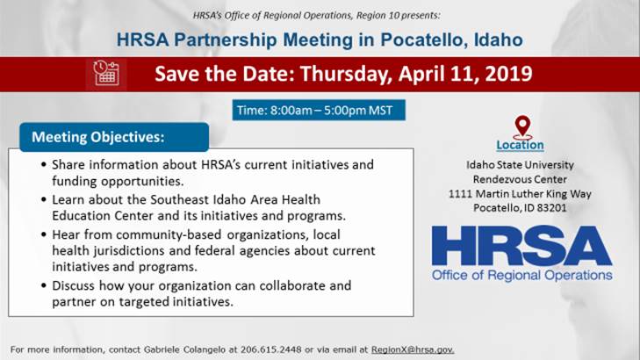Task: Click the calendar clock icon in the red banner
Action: pyautogui.click(x=107, y=73)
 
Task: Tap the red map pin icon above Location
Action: pyautogui.click(x=523, y=126)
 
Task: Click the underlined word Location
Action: pyautogui.click(x=520, y=145)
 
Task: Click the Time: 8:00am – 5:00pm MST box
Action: pyautogui.click(x=320, y=111)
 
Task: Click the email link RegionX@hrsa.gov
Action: pyautogui.click(x=412, y=349)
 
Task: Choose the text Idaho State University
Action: pyautogui.click(x=521, y=164)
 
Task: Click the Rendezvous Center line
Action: pyautogui.click(x=521, y=178)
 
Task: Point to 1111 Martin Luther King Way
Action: pyautogui.click(x=521, y=193)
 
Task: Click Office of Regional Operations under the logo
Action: pyautogui.click(x=521, y=276)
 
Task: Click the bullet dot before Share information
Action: pyautogui.click(x=45, y=165)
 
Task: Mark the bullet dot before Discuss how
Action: pyautogui.click(x=45, y=286)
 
